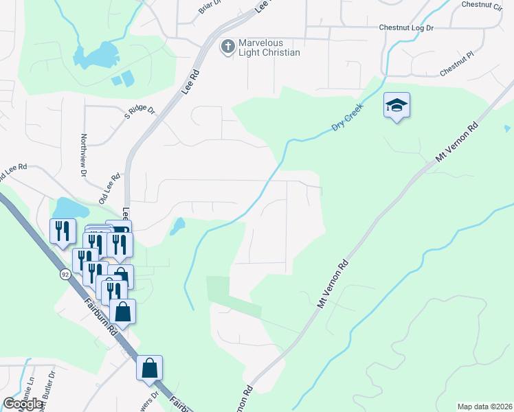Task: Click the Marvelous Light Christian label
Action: coord(269,48)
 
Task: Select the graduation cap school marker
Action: coord(396,106)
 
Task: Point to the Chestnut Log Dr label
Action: coord(416,28)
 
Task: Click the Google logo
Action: coord(23,404)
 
